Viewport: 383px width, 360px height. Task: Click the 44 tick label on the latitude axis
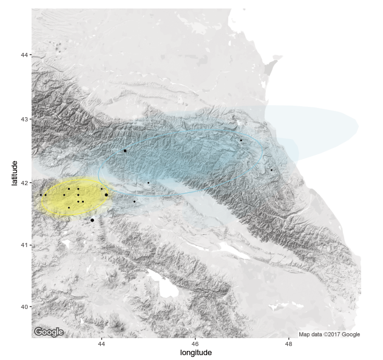(x=24, y=55)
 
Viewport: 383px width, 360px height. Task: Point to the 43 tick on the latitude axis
(x=24, y=119)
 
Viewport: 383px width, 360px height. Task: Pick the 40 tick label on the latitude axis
(x=24, y=307)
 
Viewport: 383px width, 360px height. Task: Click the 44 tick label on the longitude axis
(x=101, y=344)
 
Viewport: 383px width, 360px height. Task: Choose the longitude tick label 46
(x=195, y=344)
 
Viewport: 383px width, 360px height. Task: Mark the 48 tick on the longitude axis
(x=289, y=344)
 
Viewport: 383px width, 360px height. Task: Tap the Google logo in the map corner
(x=49, y=332)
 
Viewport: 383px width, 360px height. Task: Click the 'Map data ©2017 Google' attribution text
(x=329, y=335)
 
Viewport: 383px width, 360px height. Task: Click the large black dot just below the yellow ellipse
(x=92, y=220)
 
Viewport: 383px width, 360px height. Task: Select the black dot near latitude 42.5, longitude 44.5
(x=125, y=151)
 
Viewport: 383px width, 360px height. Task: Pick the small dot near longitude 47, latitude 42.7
(x=241, y=140)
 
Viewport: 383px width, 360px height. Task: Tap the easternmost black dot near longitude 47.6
(x=271, y=170)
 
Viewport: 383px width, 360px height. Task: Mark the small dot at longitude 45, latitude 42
(x=148, y=183)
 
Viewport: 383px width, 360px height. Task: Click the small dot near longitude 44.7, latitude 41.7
(x=134, y=202)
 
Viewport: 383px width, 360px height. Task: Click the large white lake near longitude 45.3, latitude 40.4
(x=163, y=283)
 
